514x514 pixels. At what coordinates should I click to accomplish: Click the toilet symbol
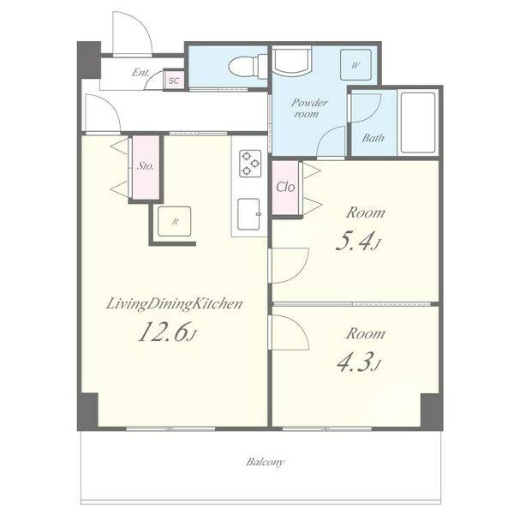click(x=248, y=67)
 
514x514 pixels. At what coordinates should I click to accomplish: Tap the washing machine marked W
click(x=356, y=65)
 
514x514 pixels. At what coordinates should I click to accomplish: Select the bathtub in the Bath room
click(x=418, y=123)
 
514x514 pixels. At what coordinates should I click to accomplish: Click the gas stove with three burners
click(x=250, y=164)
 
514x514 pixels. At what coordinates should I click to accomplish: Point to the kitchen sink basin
click(x=248, y=214)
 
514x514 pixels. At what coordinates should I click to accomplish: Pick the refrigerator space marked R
click(x=175, y=221)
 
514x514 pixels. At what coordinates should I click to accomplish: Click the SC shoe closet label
click(x=174, y=81)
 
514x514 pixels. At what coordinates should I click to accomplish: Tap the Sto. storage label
click(x=146, y=166)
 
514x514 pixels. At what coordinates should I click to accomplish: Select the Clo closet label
click(x=285, y=187)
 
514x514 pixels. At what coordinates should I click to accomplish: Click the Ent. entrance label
click(x=141, y=72)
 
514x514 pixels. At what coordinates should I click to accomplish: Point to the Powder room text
click(x=308, y=108)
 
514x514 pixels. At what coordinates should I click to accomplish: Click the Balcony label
click(x=266, y=463)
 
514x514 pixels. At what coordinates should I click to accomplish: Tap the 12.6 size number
click(x=167, y=332)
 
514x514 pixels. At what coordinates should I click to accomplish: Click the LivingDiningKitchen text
click(x=175, y=304)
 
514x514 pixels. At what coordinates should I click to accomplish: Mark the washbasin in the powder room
click(x=292, y=60)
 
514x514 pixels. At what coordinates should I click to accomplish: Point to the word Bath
click(x=373, y=138)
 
